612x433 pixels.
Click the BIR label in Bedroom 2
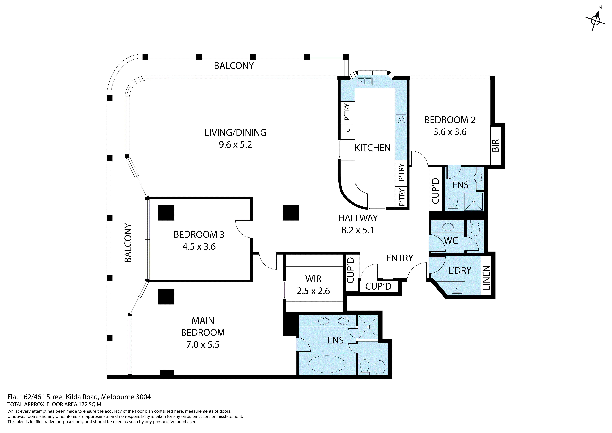point(495,145)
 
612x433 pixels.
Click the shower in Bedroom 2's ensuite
point(473,202)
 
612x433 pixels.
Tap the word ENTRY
point(400,258)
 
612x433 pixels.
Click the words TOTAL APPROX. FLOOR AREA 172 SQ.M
point(54,404)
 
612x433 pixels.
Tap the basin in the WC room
point(448,227)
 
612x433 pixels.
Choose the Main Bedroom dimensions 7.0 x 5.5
point(203,344)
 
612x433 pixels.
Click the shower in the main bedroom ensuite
point(368,327)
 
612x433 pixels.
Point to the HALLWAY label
point(358,218)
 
